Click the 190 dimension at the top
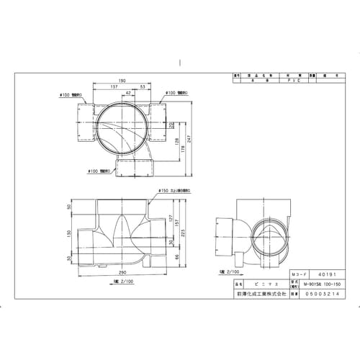click(124, 81)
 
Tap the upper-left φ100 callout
click(72, 94)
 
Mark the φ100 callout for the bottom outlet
click(100, 171)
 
